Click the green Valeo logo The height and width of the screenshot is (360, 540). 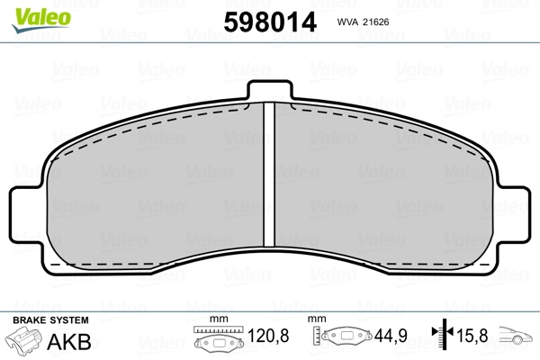coord(41,20)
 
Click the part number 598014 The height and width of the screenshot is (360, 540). coord(270,22)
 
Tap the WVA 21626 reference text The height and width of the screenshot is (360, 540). coord(363,22)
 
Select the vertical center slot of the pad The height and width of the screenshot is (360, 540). coord(269,175)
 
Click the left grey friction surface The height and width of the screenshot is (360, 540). coord(156,186)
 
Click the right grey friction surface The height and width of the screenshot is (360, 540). coord(383,186)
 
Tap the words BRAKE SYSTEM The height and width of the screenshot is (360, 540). coord(50,320)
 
